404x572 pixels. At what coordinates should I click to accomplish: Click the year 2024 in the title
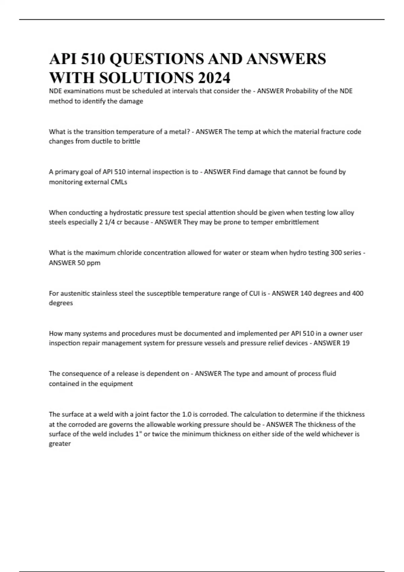[214, 78]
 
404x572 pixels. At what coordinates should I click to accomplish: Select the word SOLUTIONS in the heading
[146, 78]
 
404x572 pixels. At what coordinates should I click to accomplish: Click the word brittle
[131, 141]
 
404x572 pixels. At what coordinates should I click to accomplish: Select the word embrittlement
[297, 222]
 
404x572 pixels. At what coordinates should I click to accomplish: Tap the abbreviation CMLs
[119, 182]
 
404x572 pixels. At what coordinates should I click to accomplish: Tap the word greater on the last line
[60, 444]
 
